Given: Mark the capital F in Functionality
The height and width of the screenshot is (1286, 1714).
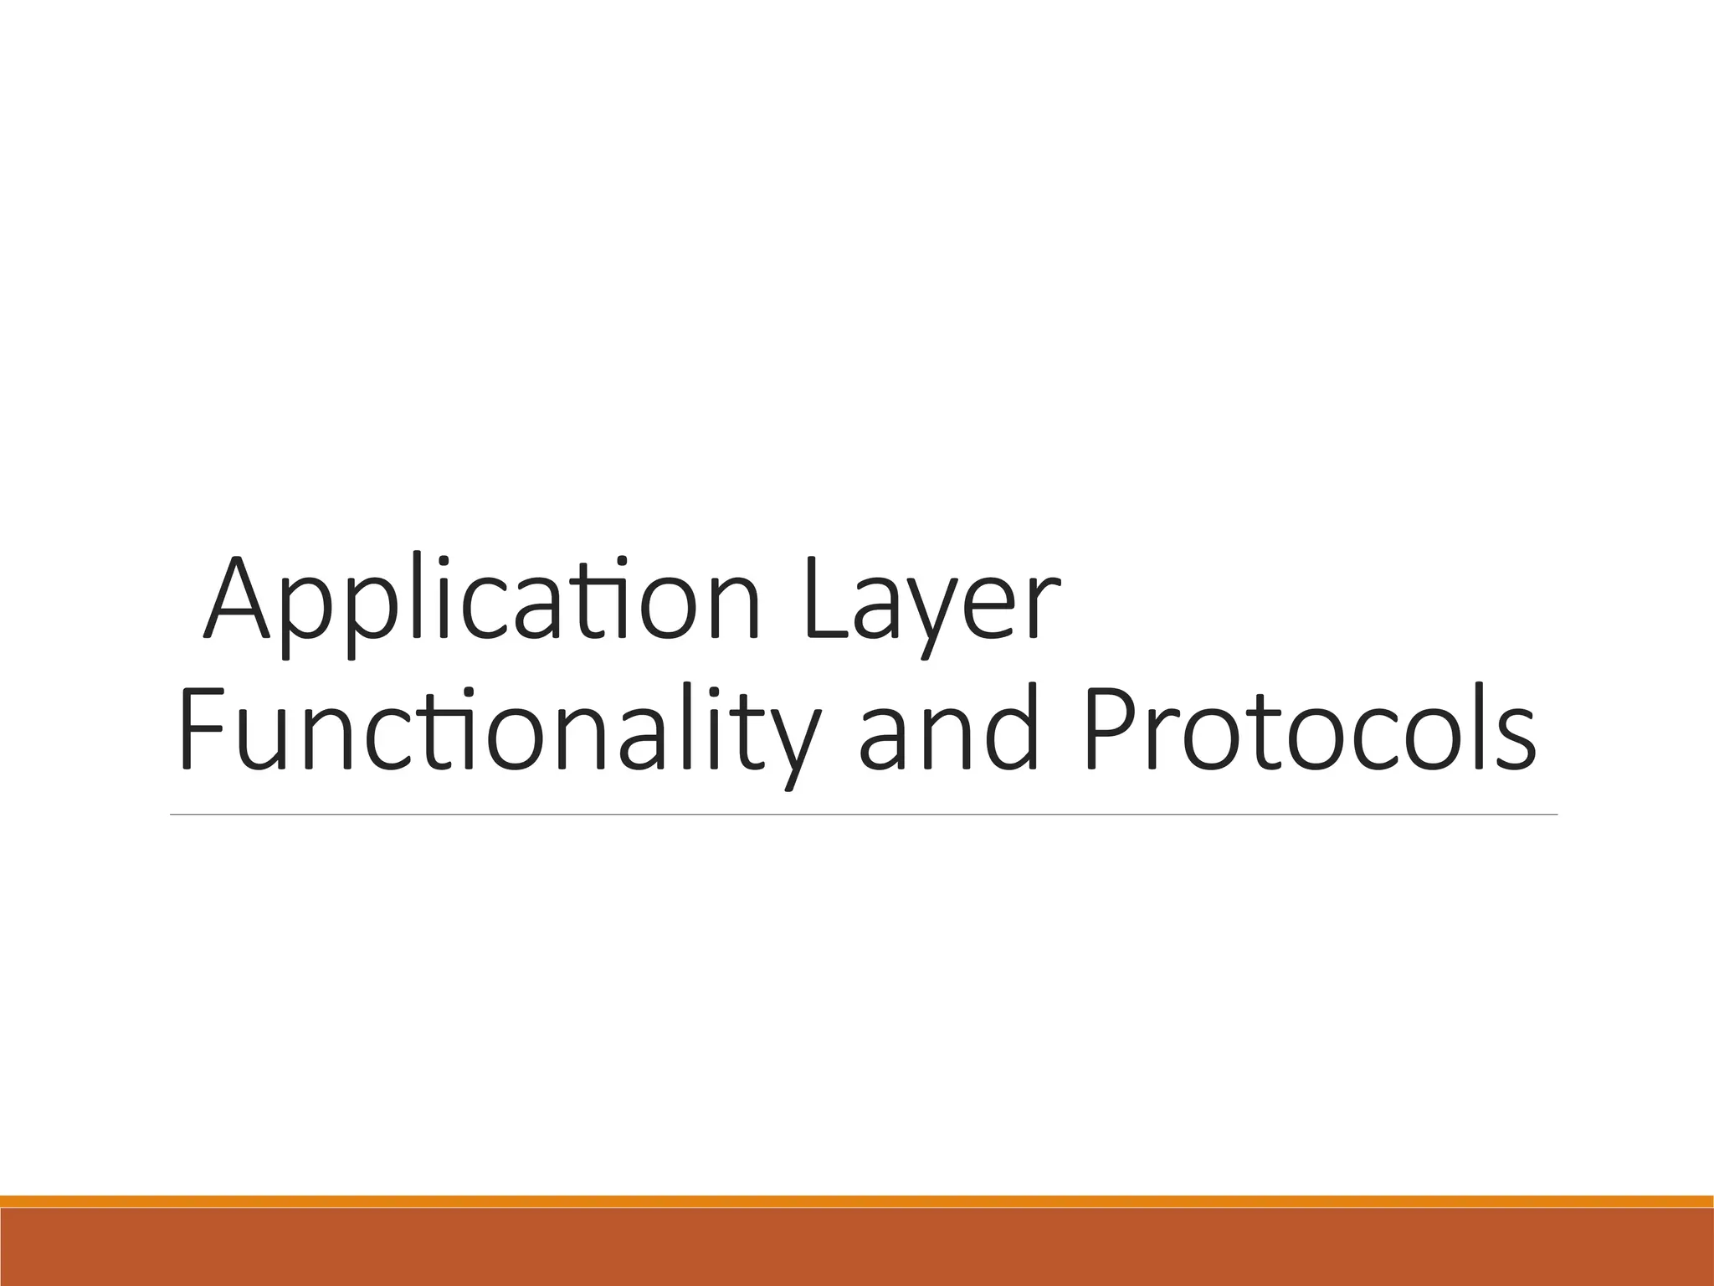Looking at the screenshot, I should [x=201, y=727].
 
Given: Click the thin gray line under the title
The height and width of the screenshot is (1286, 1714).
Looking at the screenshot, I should [x=862, y=814].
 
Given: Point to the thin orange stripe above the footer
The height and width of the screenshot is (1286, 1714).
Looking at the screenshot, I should [x=857, y=1201].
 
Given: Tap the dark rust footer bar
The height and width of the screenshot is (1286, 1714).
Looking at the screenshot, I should [x=857, y=1247].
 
